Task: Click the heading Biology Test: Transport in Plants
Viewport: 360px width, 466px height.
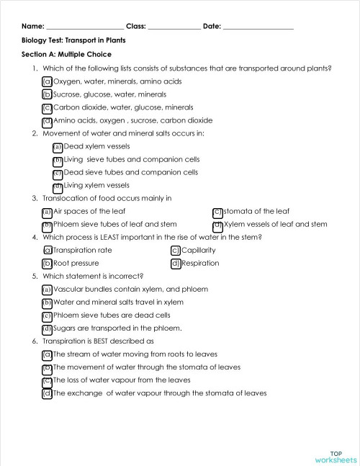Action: pos(73,40)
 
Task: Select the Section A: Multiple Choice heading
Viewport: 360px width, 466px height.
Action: pos(66,54)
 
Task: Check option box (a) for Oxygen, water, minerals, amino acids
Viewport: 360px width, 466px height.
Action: pos(48,81)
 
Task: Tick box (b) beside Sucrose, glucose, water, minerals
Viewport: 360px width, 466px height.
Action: pos(48,94)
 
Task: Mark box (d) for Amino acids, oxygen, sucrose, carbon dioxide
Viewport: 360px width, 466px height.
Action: pos(48,120)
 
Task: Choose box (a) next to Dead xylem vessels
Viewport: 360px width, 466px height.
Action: pos(58,146)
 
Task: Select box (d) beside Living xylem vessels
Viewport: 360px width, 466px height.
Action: pos(58,185)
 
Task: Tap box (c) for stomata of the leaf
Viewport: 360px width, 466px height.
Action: pos(217,212)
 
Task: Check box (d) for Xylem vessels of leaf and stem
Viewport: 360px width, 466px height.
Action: pos(217,225)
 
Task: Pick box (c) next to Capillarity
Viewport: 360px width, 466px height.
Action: pos(175,251)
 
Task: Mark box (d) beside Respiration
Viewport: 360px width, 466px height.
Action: pos(175,264)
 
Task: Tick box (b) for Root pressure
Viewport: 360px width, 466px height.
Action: pos(48,264)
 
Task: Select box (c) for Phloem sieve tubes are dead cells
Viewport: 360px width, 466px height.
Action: pos(48,315)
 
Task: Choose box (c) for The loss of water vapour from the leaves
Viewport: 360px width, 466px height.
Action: pos(48,380)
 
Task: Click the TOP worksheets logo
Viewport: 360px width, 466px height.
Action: pos(336,455)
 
